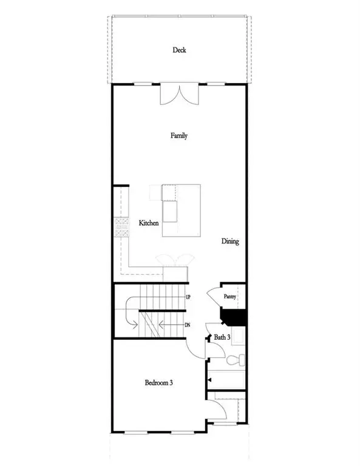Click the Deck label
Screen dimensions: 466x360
179,50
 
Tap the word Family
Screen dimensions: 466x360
178,136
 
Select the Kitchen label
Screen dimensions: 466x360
149,223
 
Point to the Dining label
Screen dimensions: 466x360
230,241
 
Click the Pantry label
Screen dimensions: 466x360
229,297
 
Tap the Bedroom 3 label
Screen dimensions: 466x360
159,383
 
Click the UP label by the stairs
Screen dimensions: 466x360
189,297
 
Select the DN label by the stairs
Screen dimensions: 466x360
189,325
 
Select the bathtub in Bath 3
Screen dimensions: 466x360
228,380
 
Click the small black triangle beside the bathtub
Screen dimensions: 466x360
209,379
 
